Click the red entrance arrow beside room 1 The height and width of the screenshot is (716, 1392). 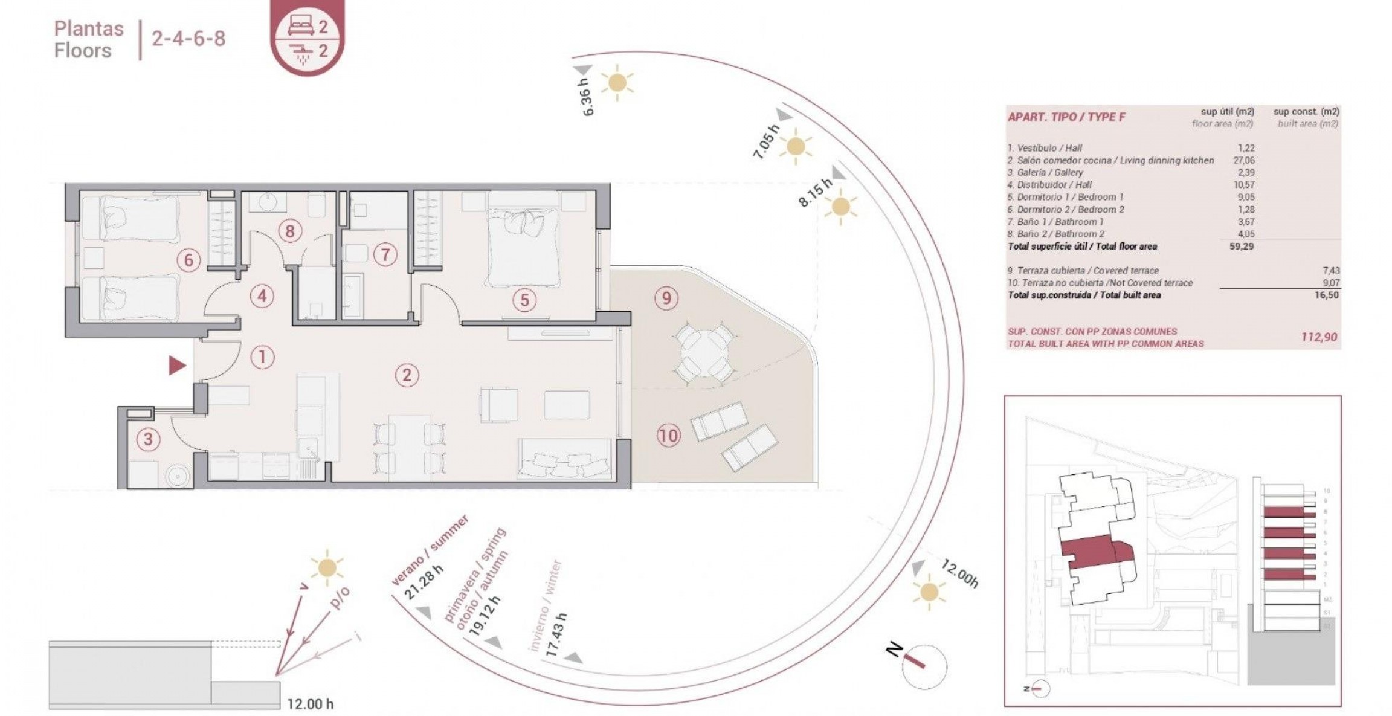176,366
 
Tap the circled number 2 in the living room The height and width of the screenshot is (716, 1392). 407,375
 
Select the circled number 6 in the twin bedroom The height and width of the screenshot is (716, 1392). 188,260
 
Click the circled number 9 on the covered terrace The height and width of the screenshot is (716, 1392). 666,298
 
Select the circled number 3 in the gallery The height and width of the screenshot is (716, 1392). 148,439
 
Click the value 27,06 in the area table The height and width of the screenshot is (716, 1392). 1243,160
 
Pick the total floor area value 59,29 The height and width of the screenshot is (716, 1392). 1241,247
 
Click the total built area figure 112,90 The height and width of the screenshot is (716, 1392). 1319,337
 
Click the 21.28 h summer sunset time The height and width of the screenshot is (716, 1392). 424,582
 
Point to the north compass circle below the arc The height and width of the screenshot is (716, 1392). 924,666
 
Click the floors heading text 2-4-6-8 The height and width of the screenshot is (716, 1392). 188,39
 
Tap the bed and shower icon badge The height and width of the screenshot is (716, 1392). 308,37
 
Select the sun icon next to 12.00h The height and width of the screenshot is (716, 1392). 929,592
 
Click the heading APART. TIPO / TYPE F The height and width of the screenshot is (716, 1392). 1066,117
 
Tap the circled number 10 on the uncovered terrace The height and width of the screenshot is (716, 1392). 668,436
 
